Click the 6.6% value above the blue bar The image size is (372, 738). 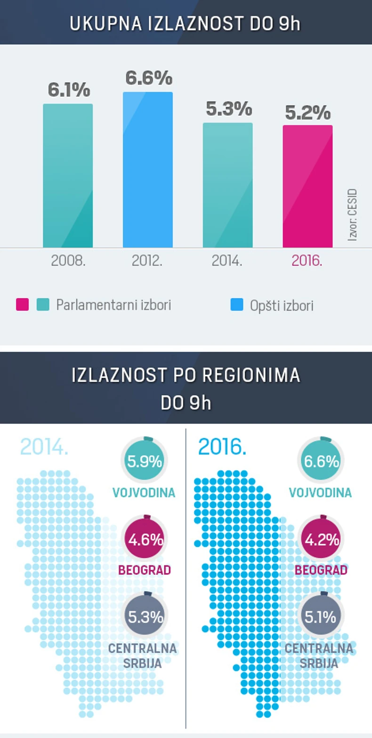click(x=149, y=78)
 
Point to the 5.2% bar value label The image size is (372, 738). click(x=308, y=113)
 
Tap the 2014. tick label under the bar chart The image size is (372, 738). click(x=227, y=261)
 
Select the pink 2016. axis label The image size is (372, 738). click(x=307, y=261)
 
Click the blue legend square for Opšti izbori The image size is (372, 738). click(x=237, y=305)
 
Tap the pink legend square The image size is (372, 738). click(x=22, y=305)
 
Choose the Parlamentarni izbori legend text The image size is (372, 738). click(x=113, y=305)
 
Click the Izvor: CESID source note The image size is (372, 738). click(x=352, y=215)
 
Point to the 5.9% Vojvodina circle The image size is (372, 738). click(x=145, y=460)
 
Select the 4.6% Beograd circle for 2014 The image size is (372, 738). click(x=145, y=539)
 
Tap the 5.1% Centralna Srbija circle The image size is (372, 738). click(x=321, y=616)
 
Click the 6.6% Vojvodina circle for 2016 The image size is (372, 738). click(x=321, y=460)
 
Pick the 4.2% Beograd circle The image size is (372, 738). click(x=322, y=539)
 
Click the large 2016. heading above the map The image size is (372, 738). click(x=222, y=447)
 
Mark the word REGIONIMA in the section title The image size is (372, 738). click(x=251, y=375)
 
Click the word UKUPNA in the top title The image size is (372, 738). click(x=105, y=24)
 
